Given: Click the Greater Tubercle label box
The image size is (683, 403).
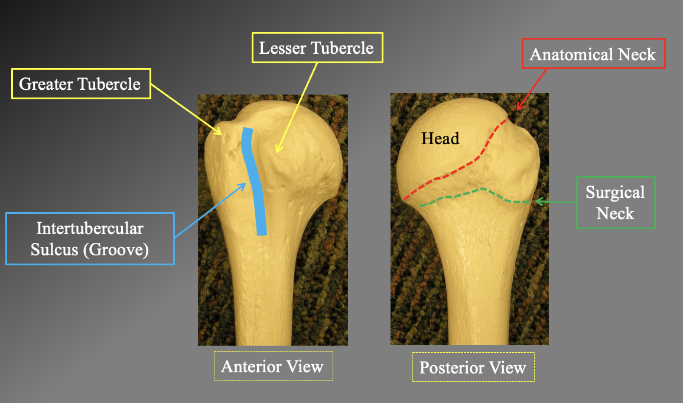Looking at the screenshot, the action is tap(80, 83).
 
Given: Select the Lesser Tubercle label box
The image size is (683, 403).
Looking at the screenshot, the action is tap(317, 47).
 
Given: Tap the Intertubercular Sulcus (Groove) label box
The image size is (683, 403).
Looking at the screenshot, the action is tap(90, 239).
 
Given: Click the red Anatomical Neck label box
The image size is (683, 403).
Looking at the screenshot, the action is tap(593, 55).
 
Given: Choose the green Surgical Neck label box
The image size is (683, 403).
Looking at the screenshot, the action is tap(615, 203).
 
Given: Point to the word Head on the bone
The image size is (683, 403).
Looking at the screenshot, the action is tap(440, 139).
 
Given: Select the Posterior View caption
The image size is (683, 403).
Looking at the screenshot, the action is tap(473, 368).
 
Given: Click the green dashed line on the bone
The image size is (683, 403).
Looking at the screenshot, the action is tap(473, 193).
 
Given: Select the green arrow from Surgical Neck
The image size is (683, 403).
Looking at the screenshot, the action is tap(558, 202).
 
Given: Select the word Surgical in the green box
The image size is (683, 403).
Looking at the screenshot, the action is tap(615, 192).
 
